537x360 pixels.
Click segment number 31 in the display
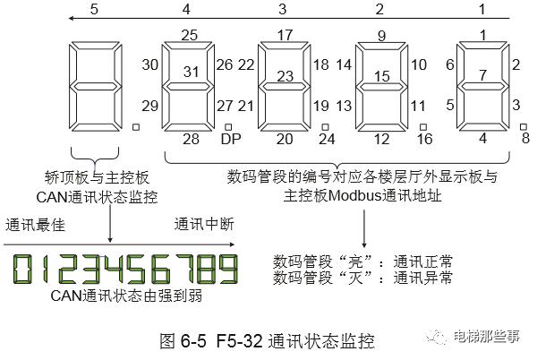(x=188, y=71)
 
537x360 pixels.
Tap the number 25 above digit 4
(x=188, y=36)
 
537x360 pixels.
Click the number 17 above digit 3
(x=285, y=36)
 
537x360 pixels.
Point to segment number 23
(x=285, y=77)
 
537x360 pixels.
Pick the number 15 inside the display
(x=381, y=77)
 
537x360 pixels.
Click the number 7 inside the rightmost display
(x=483, y=74)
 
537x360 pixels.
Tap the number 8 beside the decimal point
(x=525, y=138)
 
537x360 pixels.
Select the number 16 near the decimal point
(x=424, y=139)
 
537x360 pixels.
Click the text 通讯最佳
(x=31, y=224)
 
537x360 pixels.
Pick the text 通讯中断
(x=202, y=224)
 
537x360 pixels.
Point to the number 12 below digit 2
(x=381, y=139)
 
